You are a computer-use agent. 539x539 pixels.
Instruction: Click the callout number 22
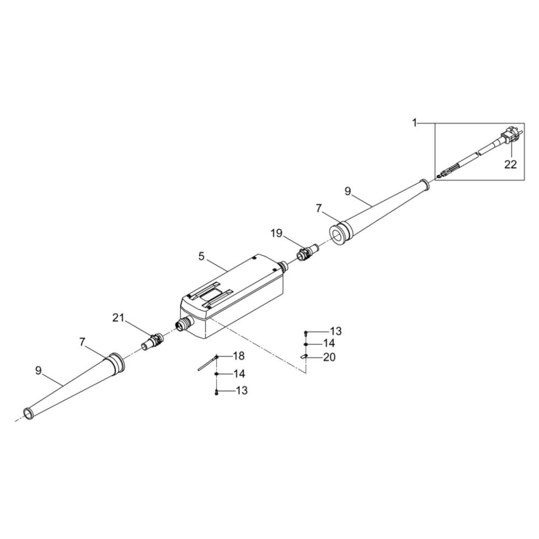510,164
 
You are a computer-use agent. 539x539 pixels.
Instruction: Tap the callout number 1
414,123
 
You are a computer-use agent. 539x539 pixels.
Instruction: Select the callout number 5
201,256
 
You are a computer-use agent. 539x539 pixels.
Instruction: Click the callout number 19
276,233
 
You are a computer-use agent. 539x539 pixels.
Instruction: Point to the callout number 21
118,318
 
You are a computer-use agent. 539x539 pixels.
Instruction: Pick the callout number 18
239,356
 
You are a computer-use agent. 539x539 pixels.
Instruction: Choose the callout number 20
329,357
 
